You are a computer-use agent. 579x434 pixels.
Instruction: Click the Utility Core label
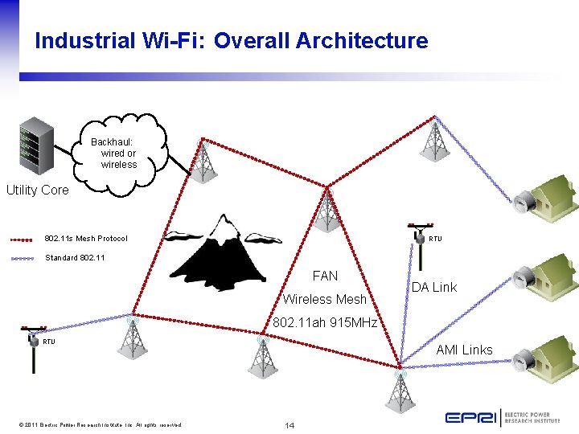pyautogui.click(x=38, y=190)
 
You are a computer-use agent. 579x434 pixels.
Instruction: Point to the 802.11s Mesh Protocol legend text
pyautogui.click(x=86, y=239)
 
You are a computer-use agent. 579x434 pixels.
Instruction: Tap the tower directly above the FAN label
pyautogui.click(x=326, y=211)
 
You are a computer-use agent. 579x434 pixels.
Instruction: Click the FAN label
pyautogui.click(x=325, y=276)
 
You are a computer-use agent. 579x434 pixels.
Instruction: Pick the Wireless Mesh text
pyautogui.click(x=324, y=300)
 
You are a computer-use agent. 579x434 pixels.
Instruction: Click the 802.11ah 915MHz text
pyautogui.click(x=325, y=322)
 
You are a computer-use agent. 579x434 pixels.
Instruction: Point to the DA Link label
pyautogui.click(x=433, y=287)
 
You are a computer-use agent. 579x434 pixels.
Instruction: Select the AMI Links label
pyautogui.click(x=464, y=350)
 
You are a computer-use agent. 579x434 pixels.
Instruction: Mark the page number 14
pyautogui.click(x=290, y=424)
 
